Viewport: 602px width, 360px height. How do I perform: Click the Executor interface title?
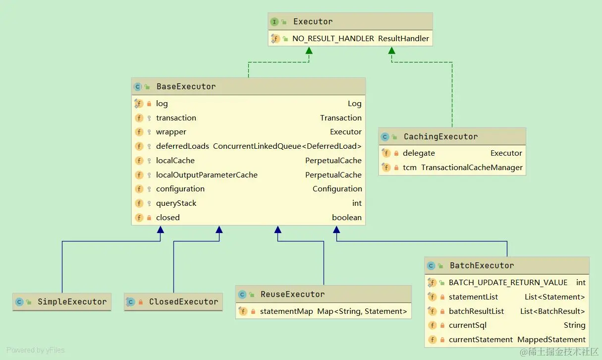tap(313, 21)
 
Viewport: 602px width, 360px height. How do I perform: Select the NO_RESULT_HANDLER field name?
tap(333, 39)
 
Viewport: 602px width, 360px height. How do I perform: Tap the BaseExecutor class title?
tap(186, 86)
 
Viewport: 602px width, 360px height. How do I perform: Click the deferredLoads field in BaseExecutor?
tap(182, 146)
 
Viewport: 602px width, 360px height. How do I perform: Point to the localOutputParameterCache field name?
tap(207, 175)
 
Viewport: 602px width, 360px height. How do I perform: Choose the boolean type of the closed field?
tap(347, 217)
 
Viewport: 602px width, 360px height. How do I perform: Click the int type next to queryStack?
tap(357, 203)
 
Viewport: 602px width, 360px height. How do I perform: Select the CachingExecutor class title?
tap(441, 136)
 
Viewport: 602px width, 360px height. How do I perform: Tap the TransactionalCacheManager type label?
tap(472, 167)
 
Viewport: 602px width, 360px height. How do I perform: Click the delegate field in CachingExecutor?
tap(419, 153)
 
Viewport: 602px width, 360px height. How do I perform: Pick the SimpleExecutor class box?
tap(62, 301)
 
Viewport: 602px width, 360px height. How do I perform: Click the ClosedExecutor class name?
tap(183, 301)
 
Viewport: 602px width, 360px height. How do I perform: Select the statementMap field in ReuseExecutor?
tap(286, 311)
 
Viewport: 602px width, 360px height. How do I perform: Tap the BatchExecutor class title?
tap(482, 266)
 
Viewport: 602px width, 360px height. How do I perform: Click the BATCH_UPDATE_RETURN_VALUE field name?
tap(508, 283)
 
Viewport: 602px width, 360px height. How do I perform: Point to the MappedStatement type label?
tap(551, 340)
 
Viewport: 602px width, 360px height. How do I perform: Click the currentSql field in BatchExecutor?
tap(468, 325)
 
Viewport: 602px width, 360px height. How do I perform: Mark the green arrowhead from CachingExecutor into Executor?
tap(392, 50)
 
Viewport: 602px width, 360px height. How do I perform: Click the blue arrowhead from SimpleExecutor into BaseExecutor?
tap(161, 230)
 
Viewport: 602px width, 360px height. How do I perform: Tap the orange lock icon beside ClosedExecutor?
tap(141, 302)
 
